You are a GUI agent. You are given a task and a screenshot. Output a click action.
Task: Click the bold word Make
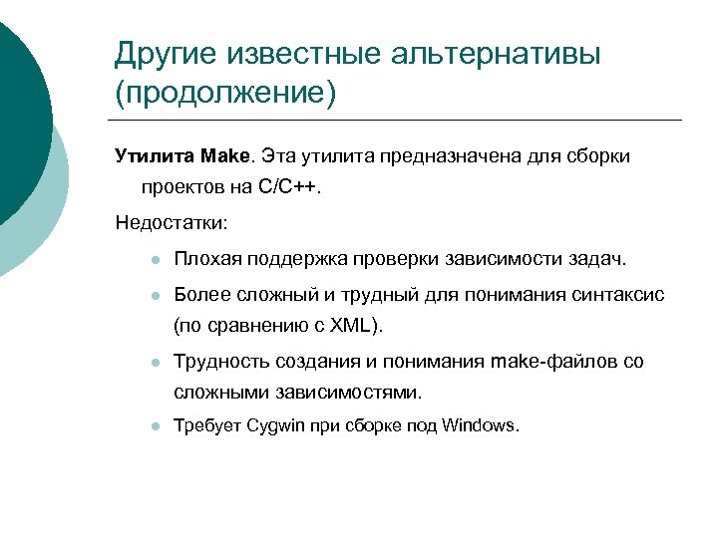[x=228, y=156]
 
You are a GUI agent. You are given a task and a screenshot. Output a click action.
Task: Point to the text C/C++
[x=290, y=188]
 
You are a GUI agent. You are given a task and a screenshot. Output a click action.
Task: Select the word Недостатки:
[x=172, y=220]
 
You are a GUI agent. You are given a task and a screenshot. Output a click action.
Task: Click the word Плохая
[x=205, y=260]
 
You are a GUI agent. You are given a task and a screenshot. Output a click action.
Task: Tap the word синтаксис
[x=618, y=295]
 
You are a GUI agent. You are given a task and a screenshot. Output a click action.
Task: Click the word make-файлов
[x=553, y=361]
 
